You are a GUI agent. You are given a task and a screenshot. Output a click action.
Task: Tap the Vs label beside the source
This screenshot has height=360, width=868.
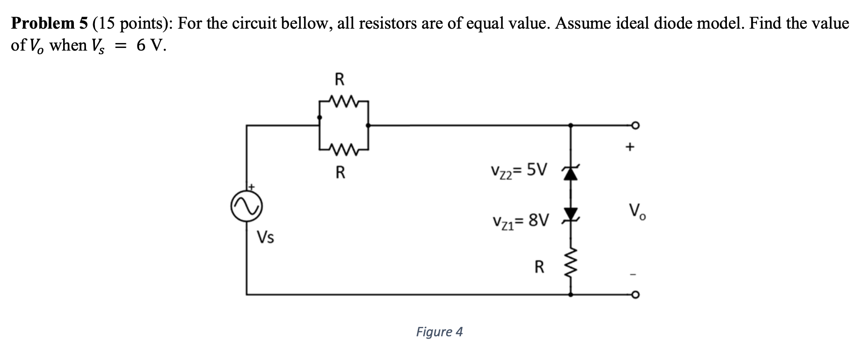click(x=266, y=237)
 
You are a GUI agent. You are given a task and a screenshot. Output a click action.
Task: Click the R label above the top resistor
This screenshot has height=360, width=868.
click(x=340, y=80)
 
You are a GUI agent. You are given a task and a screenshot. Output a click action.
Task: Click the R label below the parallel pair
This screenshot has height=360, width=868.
click(x=340, y=172)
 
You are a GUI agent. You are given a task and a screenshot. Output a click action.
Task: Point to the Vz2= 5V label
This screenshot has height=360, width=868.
click(x=519, y=170)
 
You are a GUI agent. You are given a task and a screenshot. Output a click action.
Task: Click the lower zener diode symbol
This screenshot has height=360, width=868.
click(x=570, y=214)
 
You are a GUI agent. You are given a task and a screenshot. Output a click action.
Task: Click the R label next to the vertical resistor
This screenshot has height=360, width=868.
click(x=540, y=267)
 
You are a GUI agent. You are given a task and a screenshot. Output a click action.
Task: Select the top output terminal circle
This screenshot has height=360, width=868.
click(x=635, y=126)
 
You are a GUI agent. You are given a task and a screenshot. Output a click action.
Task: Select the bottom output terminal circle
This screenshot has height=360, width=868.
click(x=635, y=295)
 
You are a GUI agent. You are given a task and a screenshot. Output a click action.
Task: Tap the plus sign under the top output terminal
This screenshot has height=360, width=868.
click(x=630, y=146)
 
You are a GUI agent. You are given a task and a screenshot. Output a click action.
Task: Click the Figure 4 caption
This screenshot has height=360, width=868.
click(x=439, y=332)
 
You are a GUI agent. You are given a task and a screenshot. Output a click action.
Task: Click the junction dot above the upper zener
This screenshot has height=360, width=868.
click(x=570, y=126)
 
